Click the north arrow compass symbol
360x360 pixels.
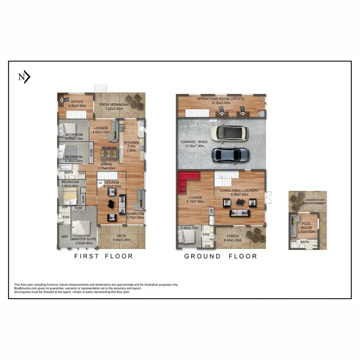24,77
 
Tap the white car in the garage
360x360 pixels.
232,133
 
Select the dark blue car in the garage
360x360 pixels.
231,154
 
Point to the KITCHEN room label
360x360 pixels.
132,143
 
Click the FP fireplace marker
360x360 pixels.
100,183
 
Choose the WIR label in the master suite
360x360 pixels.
64,237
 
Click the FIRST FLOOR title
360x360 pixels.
103,256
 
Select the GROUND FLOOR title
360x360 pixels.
220,256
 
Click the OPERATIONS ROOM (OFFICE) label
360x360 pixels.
220,99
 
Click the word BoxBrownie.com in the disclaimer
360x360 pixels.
25,288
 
